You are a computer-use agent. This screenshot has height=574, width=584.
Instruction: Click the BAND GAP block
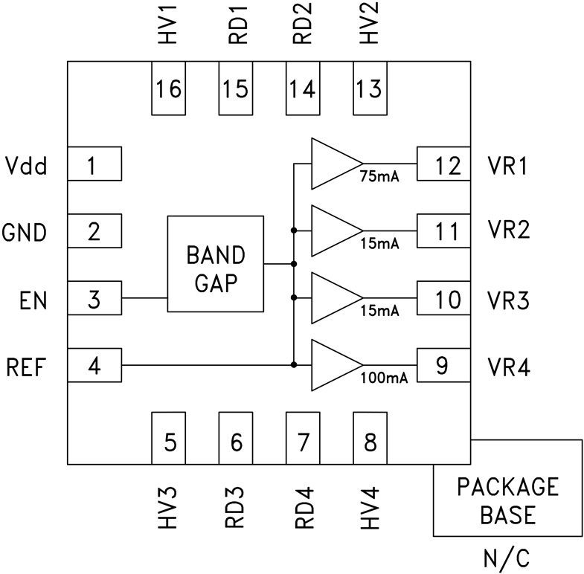click(x=215, y=264)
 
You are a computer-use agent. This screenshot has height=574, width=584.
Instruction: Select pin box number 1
click(x=94, y=164)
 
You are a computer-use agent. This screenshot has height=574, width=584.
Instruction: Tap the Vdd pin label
click(x=26, y=165)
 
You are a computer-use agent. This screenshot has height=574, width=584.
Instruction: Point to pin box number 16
click(x=169, y=89)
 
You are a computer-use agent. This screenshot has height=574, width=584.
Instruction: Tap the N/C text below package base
click(x=508, y=556)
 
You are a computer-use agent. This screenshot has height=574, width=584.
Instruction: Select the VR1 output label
click(x=508, y=165)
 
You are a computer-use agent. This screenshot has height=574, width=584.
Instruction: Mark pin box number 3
click(x=94, y=300)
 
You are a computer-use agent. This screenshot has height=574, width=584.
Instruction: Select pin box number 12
click(x=443, y=164)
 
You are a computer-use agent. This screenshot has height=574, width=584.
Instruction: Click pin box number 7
click(x=303, y=442)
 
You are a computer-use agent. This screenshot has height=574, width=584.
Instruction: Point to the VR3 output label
click(x=508, y=300)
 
